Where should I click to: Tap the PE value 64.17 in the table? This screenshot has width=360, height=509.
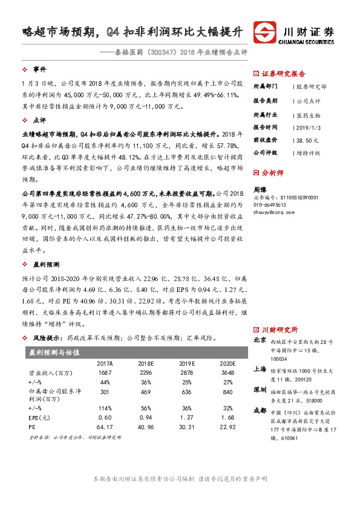click(x=105, y=427)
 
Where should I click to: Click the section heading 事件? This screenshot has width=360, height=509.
click(x=40, y=70)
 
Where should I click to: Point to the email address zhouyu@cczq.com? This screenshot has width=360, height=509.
click(x=273, y=213)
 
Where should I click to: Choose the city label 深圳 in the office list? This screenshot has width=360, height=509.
click(x=259, y=388)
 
